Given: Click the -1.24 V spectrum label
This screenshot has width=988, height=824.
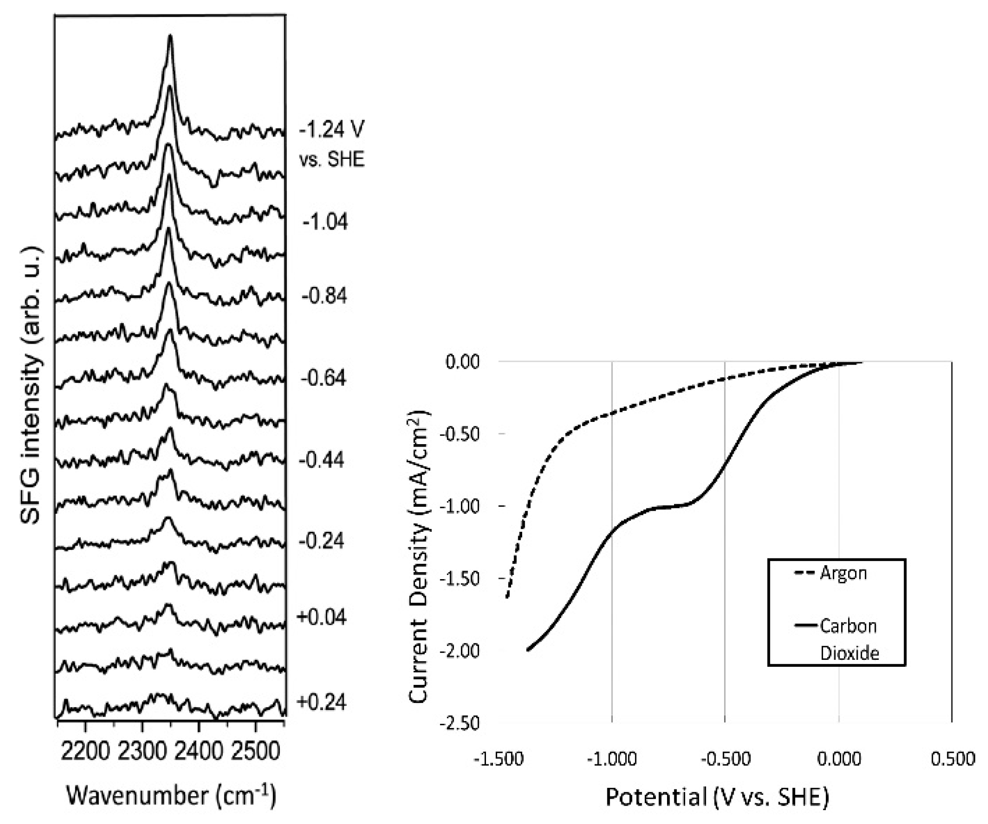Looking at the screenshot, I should coord(332,129).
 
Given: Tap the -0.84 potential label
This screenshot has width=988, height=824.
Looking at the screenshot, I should coord(324,296).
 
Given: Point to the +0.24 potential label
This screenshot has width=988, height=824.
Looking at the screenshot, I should coord(322,702).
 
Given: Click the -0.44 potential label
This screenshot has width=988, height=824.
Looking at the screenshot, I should coord(322,460).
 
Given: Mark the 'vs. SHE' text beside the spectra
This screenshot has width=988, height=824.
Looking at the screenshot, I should coord(332,160).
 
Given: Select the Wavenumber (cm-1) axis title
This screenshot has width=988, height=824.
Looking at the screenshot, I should coord(171,796).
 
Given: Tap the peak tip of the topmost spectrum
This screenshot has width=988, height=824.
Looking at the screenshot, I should coord(170,36).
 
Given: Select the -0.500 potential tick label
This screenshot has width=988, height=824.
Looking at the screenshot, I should coord(725,759).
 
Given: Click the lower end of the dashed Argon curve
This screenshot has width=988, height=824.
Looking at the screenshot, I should coord(507,598).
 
